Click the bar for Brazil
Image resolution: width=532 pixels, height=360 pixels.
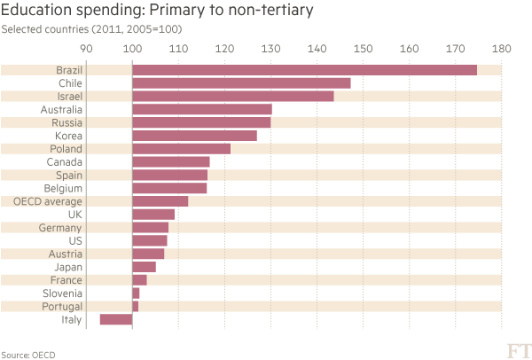pyautogui.click(x=304, y=70)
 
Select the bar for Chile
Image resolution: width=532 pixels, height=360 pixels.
pyautogui.click(x=241, y=83)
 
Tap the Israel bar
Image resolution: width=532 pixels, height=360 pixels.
pyautogui.click(x=232, y=96)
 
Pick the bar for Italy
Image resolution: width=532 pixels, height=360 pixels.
pyautogui.click(x=115, y=319)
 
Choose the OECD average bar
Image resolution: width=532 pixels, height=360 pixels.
pyautogui.click(x=160, y=201)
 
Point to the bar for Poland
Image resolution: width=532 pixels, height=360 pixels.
pyautogui.click(x=181, y=148)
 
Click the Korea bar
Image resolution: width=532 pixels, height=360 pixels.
pyautogui.click(x=194, y=136)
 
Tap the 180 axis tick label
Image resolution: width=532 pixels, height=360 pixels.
pyautogui.click(x=501, y=49)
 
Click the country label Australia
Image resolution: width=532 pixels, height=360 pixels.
pyautogui.click(x=61, y=109)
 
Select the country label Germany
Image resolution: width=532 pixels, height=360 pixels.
pyautogui.click(x=63, y=228)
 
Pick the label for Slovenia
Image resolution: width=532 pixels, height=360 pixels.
pyautogui.click(x=63, y=293)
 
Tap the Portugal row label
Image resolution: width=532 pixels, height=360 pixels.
pyautogui.click(x=63, y=306)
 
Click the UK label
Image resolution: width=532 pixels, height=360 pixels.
pyautogui.click(x=75, y=215)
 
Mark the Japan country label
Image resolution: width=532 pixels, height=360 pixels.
pyautogui.click(x=69, y=267)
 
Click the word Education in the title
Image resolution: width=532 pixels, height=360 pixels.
pyautogui.click(x=35, y=12)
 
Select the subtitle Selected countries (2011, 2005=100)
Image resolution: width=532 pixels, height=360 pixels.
pyautogui.click(x=92, y=30)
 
